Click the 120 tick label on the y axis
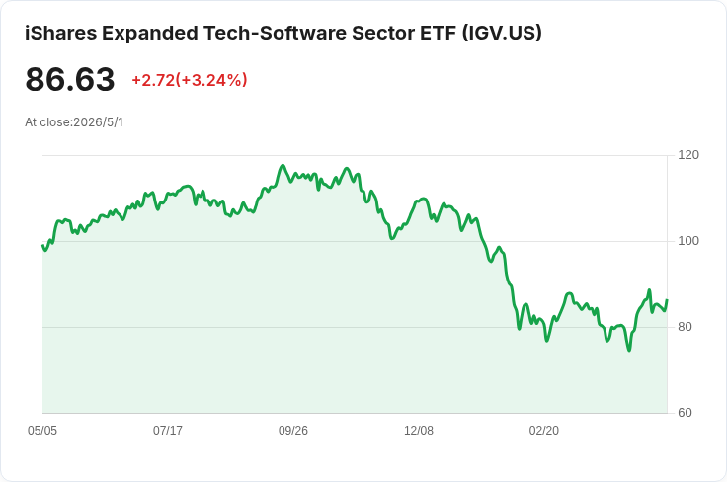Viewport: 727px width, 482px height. [x=688, y=155]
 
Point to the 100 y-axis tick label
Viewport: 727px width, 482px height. [x=688, y=241]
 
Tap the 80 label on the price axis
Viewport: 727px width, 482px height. [x=685, y=327]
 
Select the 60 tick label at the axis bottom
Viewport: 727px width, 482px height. [x=685, y=413]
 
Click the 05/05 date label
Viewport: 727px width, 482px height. [x=42, y=431]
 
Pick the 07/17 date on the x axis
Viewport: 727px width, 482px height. [x=168, y=431]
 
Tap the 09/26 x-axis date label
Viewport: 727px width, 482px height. [x=293, y=431]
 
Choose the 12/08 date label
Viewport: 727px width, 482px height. [x=419, y=431]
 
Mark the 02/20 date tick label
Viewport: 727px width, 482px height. [x=544, y=431]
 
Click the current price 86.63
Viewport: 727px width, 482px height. [x=70, y=79]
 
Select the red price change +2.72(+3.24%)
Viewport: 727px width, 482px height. [x=190, y=80]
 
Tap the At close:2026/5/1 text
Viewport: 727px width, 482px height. [x=74, y=122]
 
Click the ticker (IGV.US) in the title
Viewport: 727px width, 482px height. [x=502, y=33]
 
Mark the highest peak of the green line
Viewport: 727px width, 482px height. [x=283, y=166]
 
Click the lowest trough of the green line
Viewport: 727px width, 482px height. [x=629, y=350]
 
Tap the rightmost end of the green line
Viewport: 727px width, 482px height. [x=667, y=300]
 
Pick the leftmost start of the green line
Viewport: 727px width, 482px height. [x=42, y=246]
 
